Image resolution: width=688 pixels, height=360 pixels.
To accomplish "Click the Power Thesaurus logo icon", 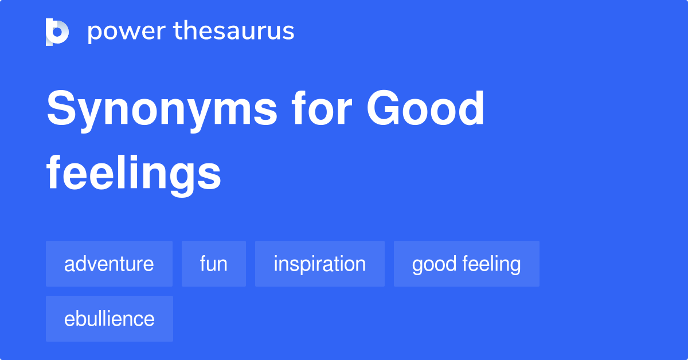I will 57,32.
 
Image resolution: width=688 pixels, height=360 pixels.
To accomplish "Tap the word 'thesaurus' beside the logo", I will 234,32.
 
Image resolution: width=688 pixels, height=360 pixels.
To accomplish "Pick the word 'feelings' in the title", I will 134,174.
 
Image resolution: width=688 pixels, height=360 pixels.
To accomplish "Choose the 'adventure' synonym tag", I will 109,264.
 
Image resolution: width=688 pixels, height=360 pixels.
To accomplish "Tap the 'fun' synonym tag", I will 213,264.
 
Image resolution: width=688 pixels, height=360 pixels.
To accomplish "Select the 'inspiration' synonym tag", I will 319,264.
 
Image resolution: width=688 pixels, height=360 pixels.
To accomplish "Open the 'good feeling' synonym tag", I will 466,264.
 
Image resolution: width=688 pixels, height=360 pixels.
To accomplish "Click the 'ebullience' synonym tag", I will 109,319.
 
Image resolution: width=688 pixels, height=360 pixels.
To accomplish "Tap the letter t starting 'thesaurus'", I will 178,32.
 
